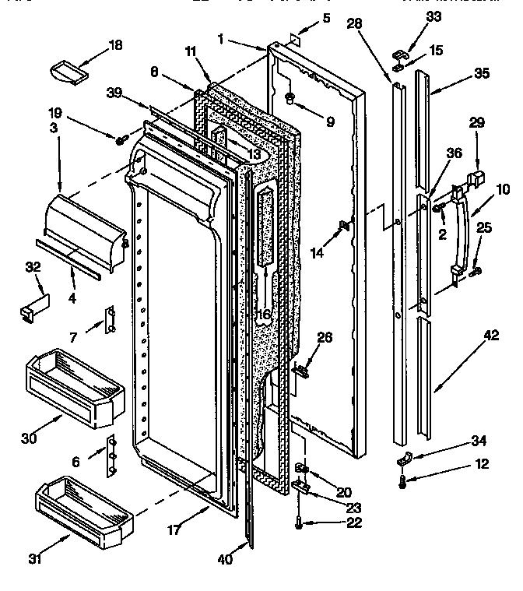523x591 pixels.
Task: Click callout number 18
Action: pyautogui.click(x=115, y=45)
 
